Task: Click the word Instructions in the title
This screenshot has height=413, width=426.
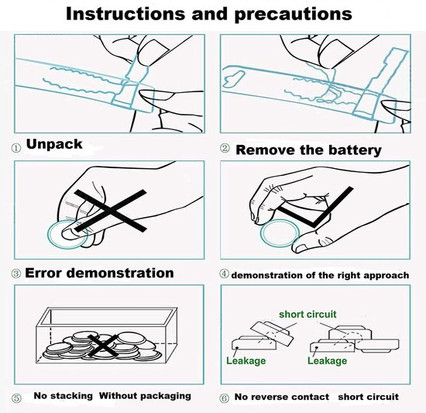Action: [x=125, y=14]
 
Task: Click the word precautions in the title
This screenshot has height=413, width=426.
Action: [x=294, y=15]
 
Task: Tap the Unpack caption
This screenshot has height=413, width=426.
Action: [x=54, y=144]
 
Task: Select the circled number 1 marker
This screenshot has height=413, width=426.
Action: [x=16, y=148]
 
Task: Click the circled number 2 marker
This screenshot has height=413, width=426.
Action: [x=225, y=148]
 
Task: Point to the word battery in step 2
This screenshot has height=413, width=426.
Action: [x=355, y=150]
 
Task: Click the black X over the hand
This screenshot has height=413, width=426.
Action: [x=111, y=211]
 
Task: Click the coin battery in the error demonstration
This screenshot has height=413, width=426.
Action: [x=65, y=236]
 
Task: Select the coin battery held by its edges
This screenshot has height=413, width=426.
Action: [x=280, y=234]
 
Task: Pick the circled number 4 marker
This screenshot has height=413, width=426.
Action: [x=224, y=274]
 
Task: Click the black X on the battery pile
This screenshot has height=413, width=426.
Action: [x=103, y=346]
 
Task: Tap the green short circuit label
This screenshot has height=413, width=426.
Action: [x=307, y=315]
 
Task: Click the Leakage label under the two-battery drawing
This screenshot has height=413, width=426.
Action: [x=246, y=361]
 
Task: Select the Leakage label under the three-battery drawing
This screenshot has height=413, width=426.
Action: [x=327, y=361]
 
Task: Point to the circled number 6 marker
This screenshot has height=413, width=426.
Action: [x=224, y=398]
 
